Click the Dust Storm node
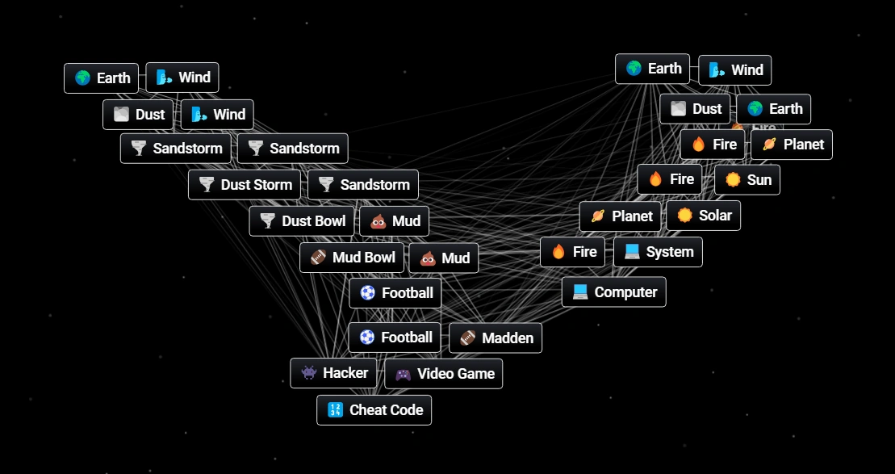[245, 185]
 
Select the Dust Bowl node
[302, 221]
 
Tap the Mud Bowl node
[352, 258]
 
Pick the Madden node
[496, 338]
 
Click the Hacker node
[333, 373]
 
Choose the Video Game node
[444, 374]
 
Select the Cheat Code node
[374, 410]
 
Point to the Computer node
[614, 292]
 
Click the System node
[658, 252]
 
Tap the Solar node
[704, 216]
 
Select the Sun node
[747, 180]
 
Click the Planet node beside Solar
[621, 216]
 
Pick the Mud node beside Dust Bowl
[395, 221]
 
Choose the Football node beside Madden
[395, 338]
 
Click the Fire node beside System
[574, 252]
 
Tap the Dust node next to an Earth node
[695, 109]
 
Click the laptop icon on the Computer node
[580, 292]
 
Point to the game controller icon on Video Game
[403, 374]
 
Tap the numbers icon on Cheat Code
[335, 410]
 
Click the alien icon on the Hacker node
[308, 373]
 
